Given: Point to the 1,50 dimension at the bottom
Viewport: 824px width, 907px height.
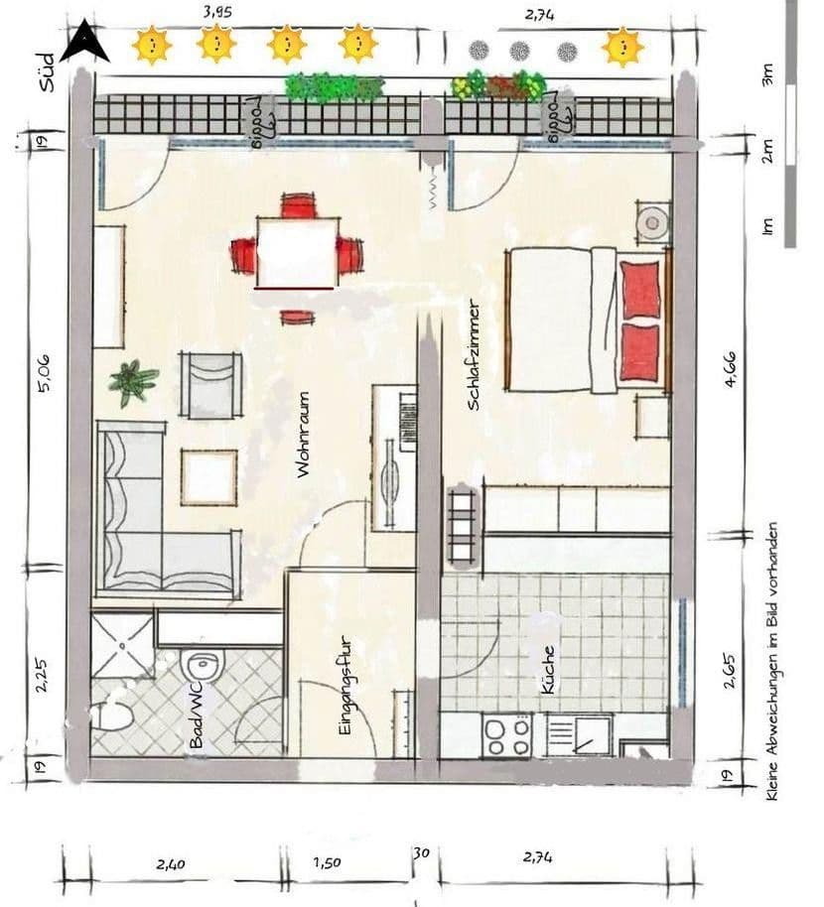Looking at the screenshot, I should (x=327, y=862).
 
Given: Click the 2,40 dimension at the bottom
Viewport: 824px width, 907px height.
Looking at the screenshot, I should (x=170, y=863).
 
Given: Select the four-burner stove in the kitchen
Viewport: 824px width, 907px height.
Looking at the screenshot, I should (x=506, y=735).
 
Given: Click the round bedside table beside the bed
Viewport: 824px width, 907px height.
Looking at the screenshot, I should (x=652, y=222).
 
